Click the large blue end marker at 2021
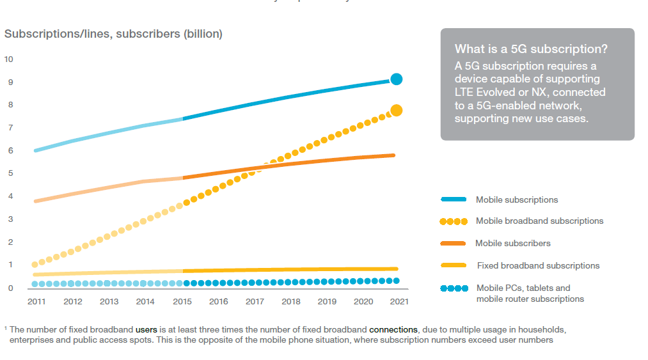click(396, 79)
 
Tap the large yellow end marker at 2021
click(396, 111)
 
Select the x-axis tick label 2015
click(182, 301)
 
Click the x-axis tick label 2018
click(291, 301)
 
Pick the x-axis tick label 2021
click(399, 301)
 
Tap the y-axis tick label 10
click(8, 59)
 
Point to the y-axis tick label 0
click(10, 288)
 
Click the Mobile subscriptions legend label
click(517, 200)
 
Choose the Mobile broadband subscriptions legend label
click(539, 221)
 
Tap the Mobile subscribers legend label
click(512, 244)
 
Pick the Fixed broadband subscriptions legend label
click(538, 265)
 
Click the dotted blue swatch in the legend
click(454, 288)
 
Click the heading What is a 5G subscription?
click(531, 49)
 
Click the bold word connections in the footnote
click(393, 329)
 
